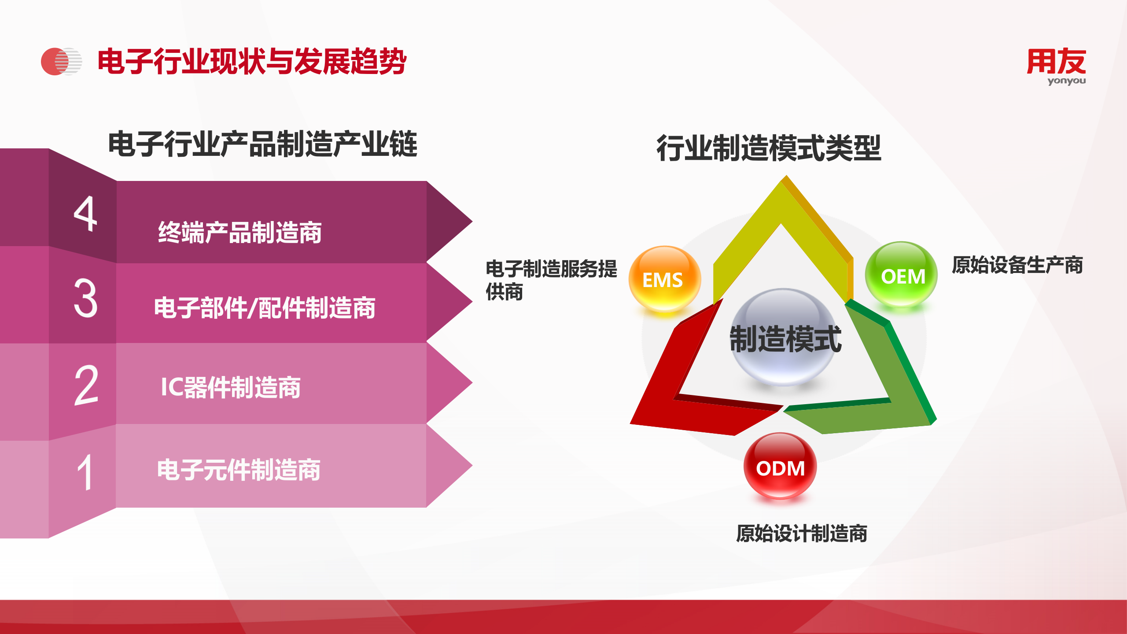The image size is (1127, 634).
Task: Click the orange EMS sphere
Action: pos(665,279)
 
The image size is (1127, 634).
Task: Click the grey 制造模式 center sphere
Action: pos(784,337)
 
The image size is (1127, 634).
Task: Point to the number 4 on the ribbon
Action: pos(85,214)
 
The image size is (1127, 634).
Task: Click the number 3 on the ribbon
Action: pos(85,298)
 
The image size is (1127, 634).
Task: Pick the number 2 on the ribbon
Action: pos(86,385)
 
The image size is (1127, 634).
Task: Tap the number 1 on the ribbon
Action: pos(85,472)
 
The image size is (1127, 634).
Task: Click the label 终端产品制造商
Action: pos(240,232)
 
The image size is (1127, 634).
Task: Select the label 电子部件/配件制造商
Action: pos(265,308)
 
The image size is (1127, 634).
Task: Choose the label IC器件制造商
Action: pos(231,387)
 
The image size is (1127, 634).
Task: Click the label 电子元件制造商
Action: pos(239,470)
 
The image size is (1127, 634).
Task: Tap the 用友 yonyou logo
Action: pos(1057,66)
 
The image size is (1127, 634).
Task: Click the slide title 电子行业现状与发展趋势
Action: pos(252,61)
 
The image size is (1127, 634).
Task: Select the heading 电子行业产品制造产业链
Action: pos(263,144)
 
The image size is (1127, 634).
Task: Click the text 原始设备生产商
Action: pos(1017,265)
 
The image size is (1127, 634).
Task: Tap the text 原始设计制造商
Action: pos(802,534)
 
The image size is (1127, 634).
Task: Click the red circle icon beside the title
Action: pos(61,61)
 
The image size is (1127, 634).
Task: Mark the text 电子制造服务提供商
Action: pos(551,280)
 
